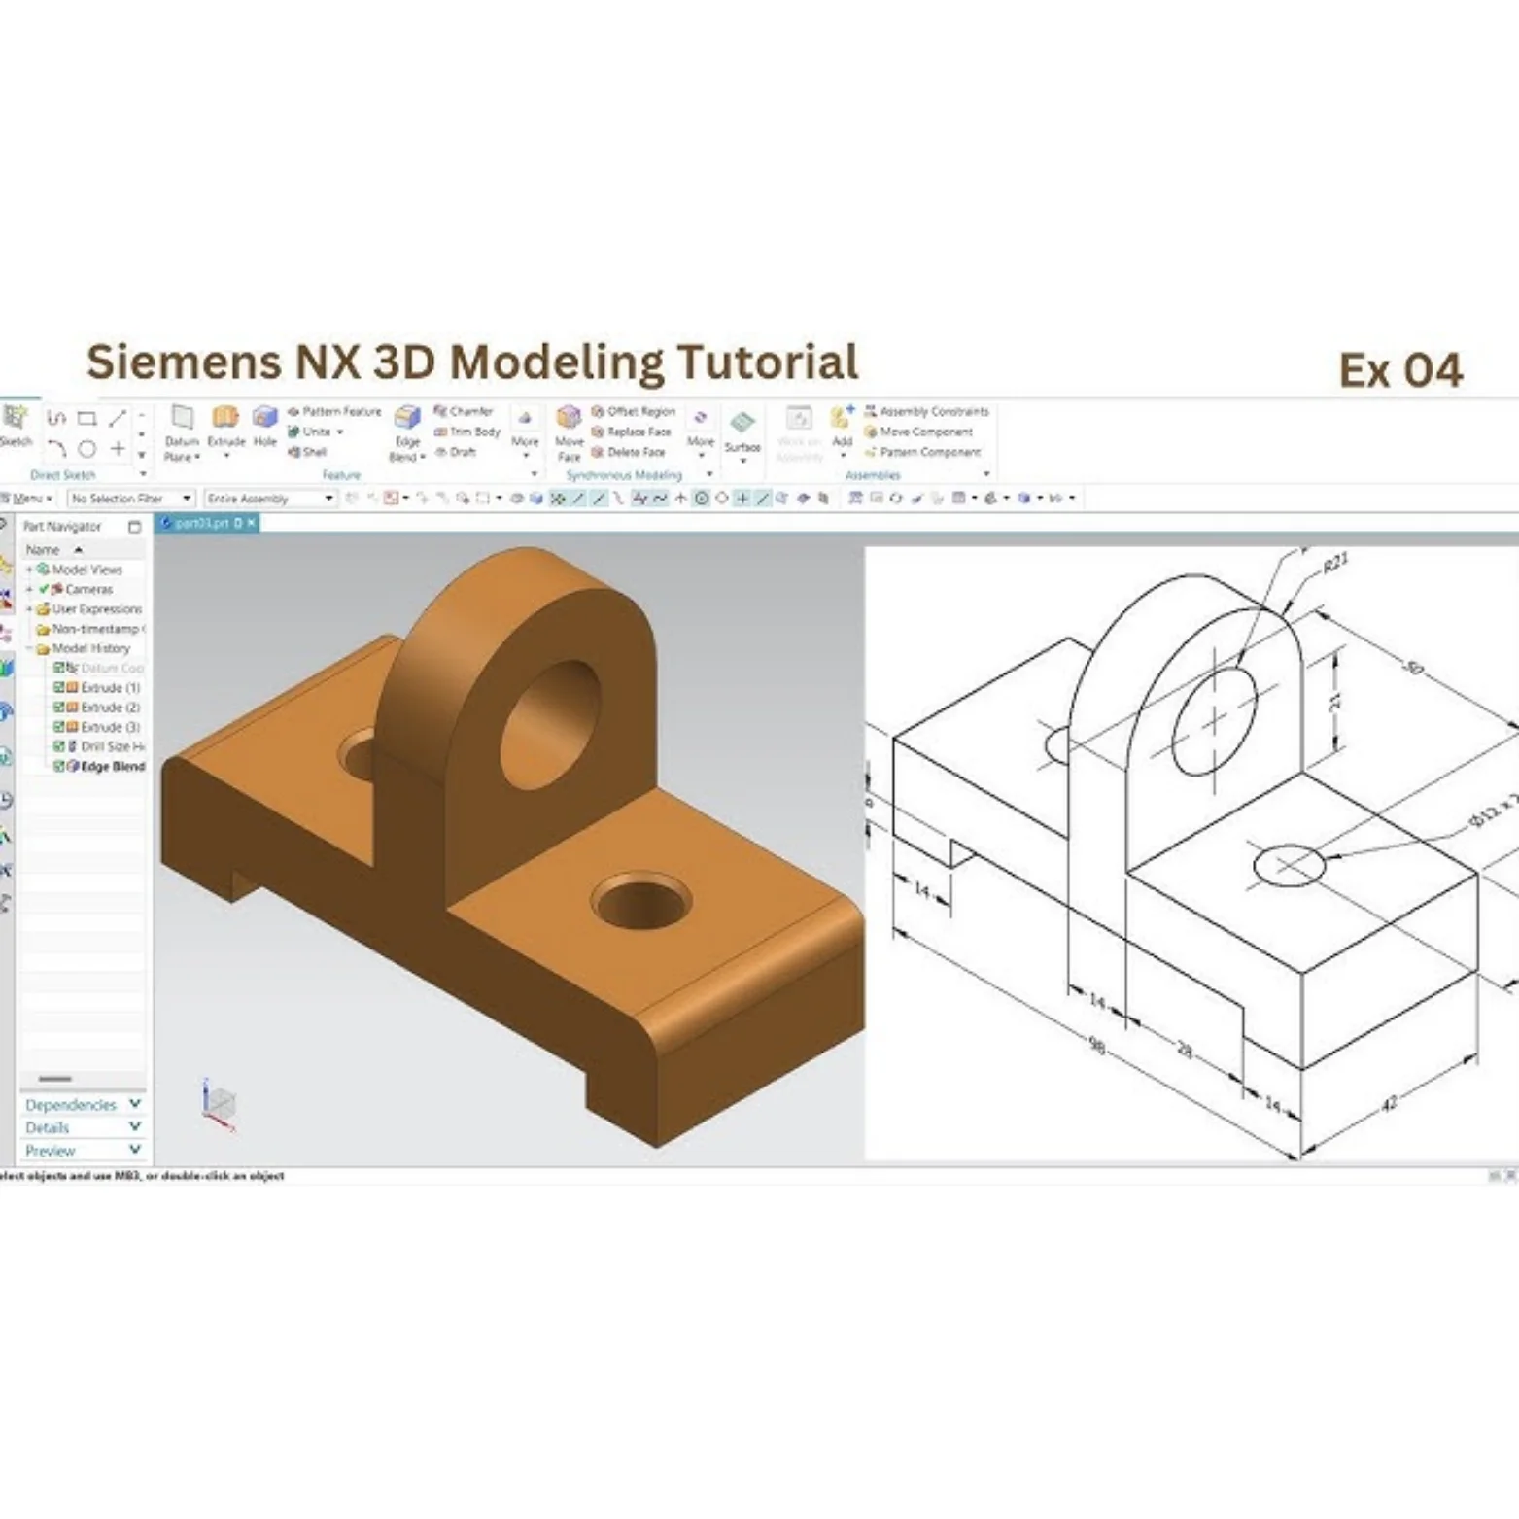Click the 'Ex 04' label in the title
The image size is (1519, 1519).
coord(1399,370)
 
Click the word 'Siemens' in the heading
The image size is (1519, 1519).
coord(176,362)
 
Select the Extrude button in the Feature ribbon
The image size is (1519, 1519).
coord(225,428)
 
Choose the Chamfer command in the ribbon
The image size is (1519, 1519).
coord(464,411)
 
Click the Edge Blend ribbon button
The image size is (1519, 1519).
coord(406,433)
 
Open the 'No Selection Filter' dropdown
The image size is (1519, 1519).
coord(131,499)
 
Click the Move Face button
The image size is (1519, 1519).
coord(569,432)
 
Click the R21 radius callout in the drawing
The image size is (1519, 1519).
coord(1335,564)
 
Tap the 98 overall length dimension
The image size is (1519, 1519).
coord(1096,1046)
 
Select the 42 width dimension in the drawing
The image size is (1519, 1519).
coord(1389,1103)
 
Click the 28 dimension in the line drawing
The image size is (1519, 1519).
coord(1184,1050)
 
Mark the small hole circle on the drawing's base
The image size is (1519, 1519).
coord(1289,865)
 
